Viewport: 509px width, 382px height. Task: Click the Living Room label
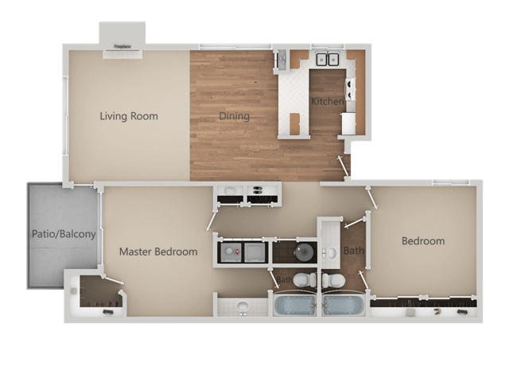[x=129, y=116]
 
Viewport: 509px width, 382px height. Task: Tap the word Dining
[x=235, y=116]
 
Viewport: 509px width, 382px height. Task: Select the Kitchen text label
[x=327, y=102]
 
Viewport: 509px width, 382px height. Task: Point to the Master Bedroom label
[x=158, y=251]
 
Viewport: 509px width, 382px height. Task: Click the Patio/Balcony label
[x=64, y=234]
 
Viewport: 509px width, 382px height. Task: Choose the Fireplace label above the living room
[x=122, y=47]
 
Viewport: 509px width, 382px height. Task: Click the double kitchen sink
[x=327, y=60]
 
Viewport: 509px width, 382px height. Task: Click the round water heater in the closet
[x=305, y=252]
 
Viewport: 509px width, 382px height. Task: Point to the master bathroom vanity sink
[x=243, y=306]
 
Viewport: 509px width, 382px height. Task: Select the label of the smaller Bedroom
[x=423, y=241]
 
